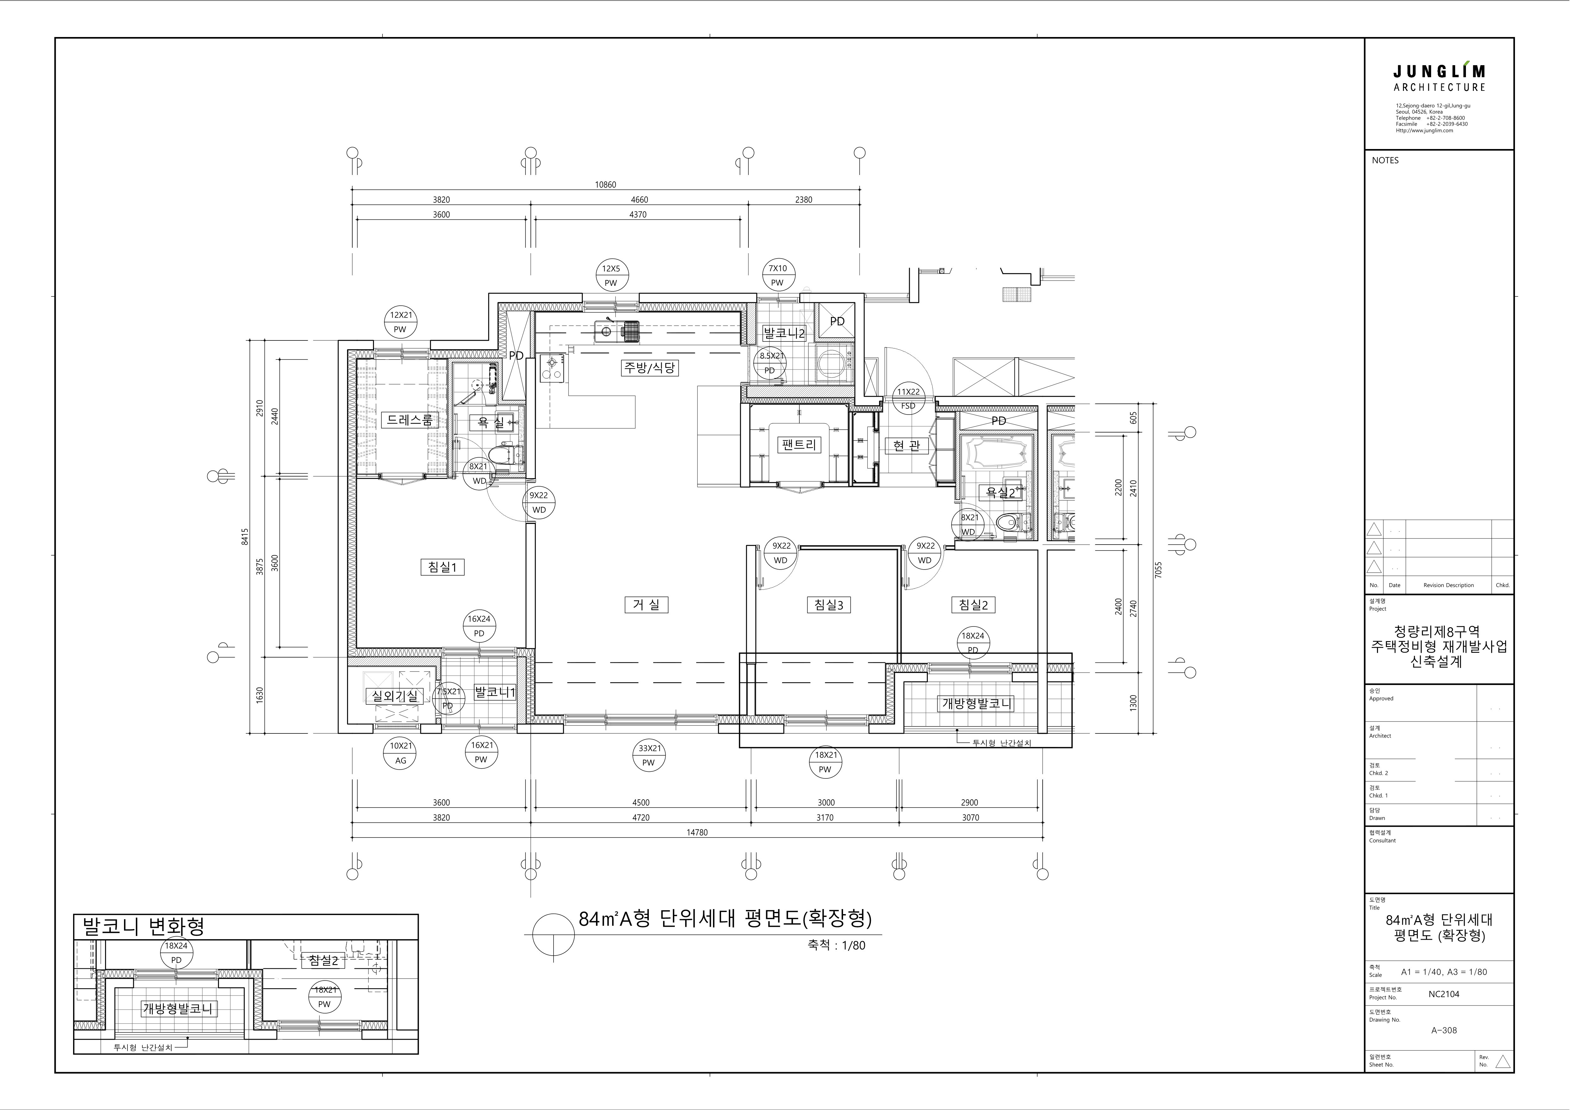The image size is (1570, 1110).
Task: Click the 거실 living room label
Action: [646, 605]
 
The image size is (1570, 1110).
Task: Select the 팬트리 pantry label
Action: [799, 445]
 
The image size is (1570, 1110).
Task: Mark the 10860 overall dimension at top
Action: [605, 185]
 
